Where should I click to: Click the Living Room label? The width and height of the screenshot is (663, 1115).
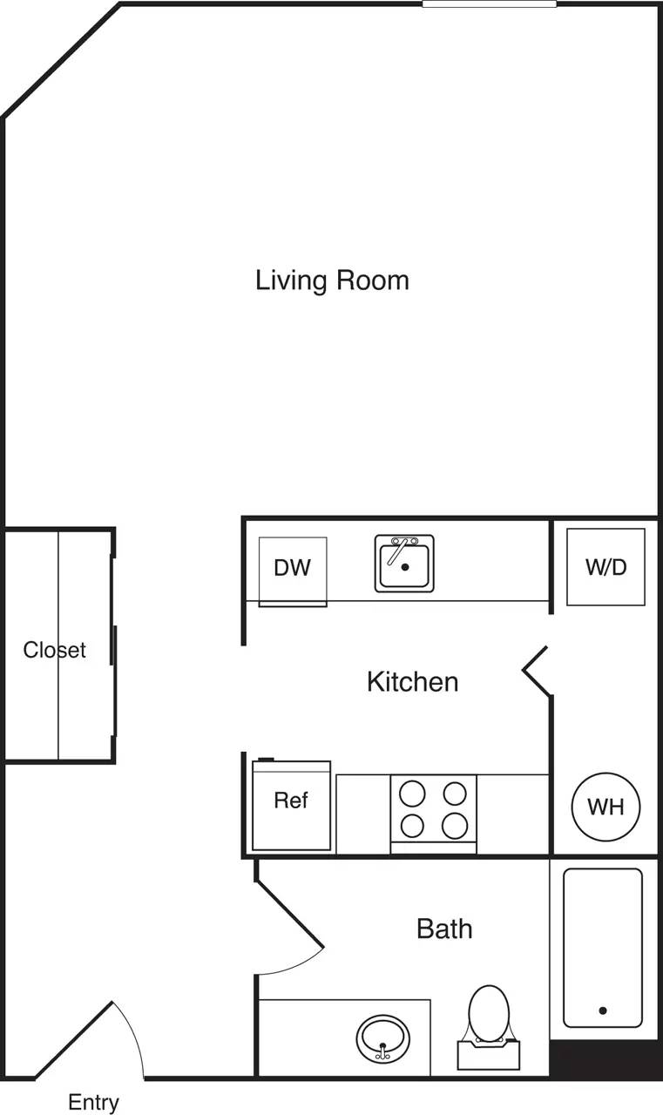point(332,280)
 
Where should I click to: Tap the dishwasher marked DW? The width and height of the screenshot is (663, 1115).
point(292,569)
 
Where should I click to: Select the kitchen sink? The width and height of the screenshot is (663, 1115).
point(404,564)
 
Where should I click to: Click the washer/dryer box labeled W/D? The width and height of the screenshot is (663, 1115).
point(605,567)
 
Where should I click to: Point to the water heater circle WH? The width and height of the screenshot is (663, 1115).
point(605,807)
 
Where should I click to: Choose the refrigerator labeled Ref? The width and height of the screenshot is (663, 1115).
point(291,805)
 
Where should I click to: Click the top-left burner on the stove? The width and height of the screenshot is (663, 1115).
point(412,794)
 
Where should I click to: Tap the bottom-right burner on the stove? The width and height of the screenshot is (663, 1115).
point(454,824)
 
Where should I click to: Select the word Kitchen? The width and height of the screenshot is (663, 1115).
point(412,681)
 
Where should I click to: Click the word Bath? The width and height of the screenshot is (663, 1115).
point(444,929)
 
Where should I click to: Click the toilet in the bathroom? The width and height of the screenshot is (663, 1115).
point(489,1024)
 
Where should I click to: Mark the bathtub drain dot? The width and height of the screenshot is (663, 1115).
point(602,1010)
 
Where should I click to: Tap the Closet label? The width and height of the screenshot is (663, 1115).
point(54,650)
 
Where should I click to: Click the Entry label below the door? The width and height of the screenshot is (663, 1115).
point(93,1102)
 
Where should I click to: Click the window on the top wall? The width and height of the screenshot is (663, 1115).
point(489,4)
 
